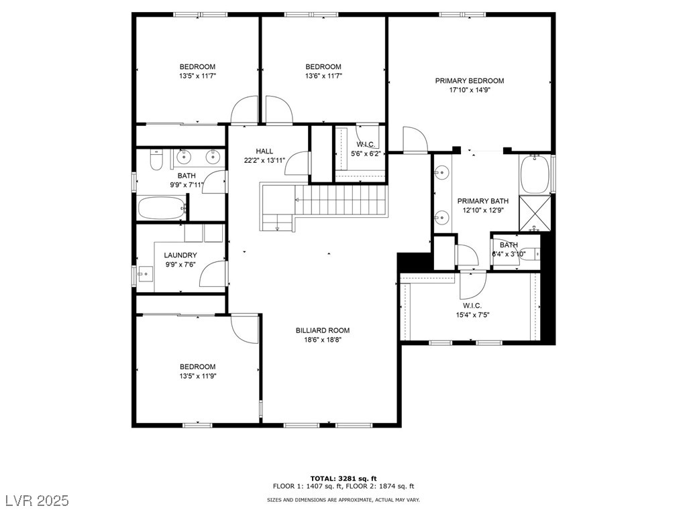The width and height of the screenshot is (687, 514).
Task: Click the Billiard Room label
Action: tap(323, 330)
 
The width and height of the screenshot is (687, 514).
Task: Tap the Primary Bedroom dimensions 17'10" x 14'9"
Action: tap(469, 90)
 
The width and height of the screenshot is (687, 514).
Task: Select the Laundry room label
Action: tap(180, 255)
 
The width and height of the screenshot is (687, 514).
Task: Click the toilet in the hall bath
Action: tap(156, 161)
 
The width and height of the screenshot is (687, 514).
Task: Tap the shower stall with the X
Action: tap(535, 214)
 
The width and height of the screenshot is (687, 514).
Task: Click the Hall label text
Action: tap(264, 151)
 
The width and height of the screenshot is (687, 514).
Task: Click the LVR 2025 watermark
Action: tap(38, 500)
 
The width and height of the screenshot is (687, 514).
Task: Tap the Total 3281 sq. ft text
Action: tap(343, 478)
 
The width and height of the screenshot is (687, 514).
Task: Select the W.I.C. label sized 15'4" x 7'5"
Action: tap(472, 306)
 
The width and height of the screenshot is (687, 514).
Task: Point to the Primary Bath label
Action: tap(483, 201)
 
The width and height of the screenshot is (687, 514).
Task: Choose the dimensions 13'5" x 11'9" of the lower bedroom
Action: tap(198, 376)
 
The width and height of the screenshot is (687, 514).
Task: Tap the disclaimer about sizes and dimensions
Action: tap(343, 499)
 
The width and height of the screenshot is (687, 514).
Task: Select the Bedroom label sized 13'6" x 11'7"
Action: tap(323, 66)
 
